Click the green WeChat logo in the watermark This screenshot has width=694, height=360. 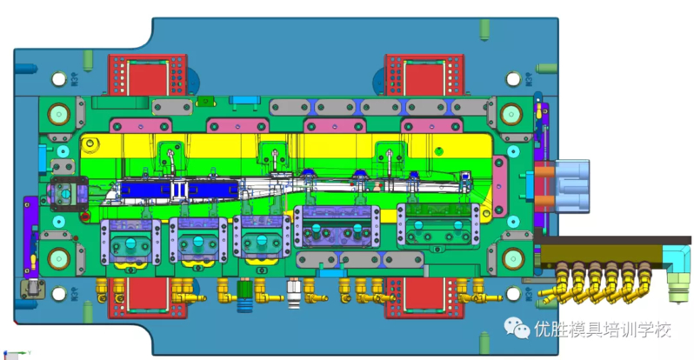tap(517, 328)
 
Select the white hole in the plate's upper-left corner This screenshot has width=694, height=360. tap(59, 79)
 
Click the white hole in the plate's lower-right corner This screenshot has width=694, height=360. tap(513, 293)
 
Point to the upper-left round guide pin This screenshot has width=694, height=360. tap(59, 114)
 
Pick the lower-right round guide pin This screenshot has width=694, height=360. tap(513, 258)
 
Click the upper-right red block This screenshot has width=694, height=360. tap(424, 75)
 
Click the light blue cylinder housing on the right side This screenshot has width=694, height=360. tap(572, 186)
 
